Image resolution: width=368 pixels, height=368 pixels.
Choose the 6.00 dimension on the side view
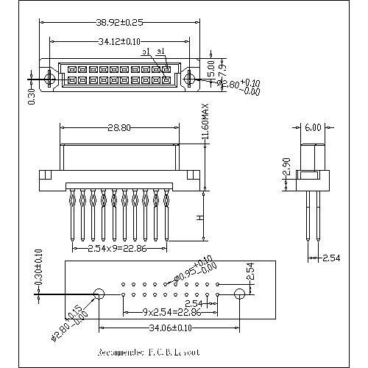312,127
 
